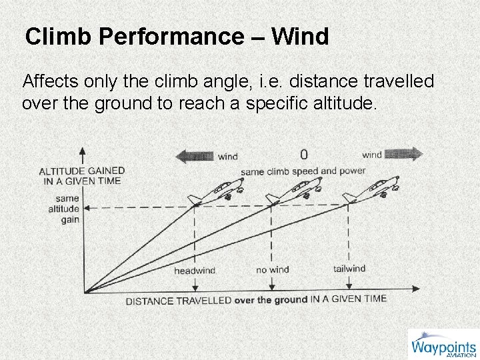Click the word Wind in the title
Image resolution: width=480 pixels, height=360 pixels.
pos(301,37)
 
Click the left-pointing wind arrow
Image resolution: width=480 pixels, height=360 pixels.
pos(194,156)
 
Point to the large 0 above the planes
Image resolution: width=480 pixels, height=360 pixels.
pos(304,155)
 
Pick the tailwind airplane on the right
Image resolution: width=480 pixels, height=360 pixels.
pos(371,190)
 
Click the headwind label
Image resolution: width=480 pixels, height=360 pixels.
pos(195,271)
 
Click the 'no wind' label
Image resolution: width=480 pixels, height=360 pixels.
pos(272,270)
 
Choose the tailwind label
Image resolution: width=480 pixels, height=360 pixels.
pos(349,269)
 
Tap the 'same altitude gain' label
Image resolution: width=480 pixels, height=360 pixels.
pos(67,209)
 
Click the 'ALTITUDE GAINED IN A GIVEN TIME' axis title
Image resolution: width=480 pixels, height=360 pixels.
pos(82,175)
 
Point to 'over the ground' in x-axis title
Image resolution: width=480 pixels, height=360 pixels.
pos(271,300)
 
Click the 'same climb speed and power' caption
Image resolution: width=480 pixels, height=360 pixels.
pos(303,171)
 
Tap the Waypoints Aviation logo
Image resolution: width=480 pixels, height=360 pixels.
pos(443,345)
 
